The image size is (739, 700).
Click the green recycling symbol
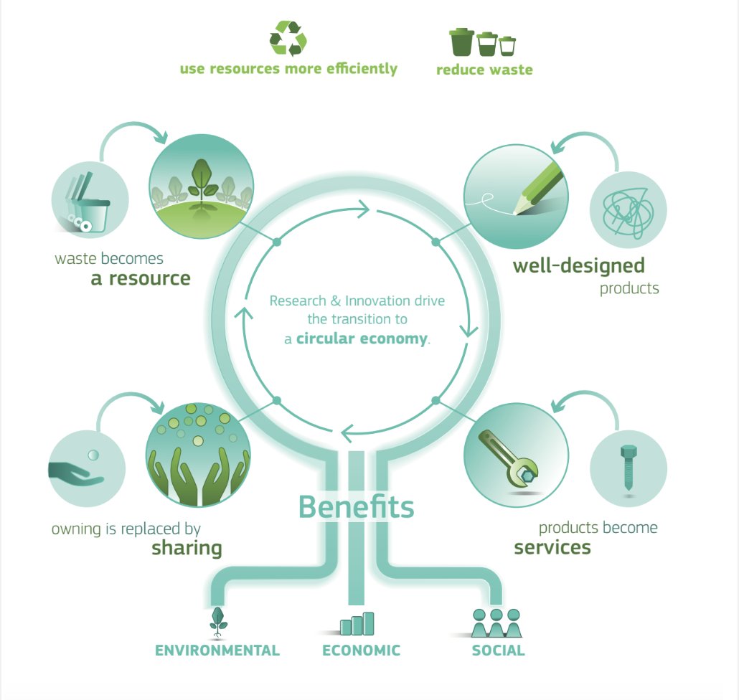point(288,39)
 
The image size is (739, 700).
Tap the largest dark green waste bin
point(461,42)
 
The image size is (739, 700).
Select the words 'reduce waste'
point(484,70)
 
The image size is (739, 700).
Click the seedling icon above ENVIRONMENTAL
point(217,623)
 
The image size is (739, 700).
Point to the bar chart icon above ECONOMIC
point(357,623)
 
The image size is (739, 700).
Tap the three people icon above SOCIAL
point(496,623)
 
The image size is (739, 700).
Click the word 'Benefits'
point(356,506)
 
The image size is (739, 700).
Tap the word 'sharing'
point(187,549)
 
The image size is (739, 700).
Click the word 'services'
point(552,547)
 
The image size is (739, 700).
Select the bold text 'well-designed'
point(578,266)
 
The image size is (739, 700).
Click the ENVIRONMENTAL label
point(217,651)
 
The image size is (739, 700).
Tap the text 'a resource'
point(141,278)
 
